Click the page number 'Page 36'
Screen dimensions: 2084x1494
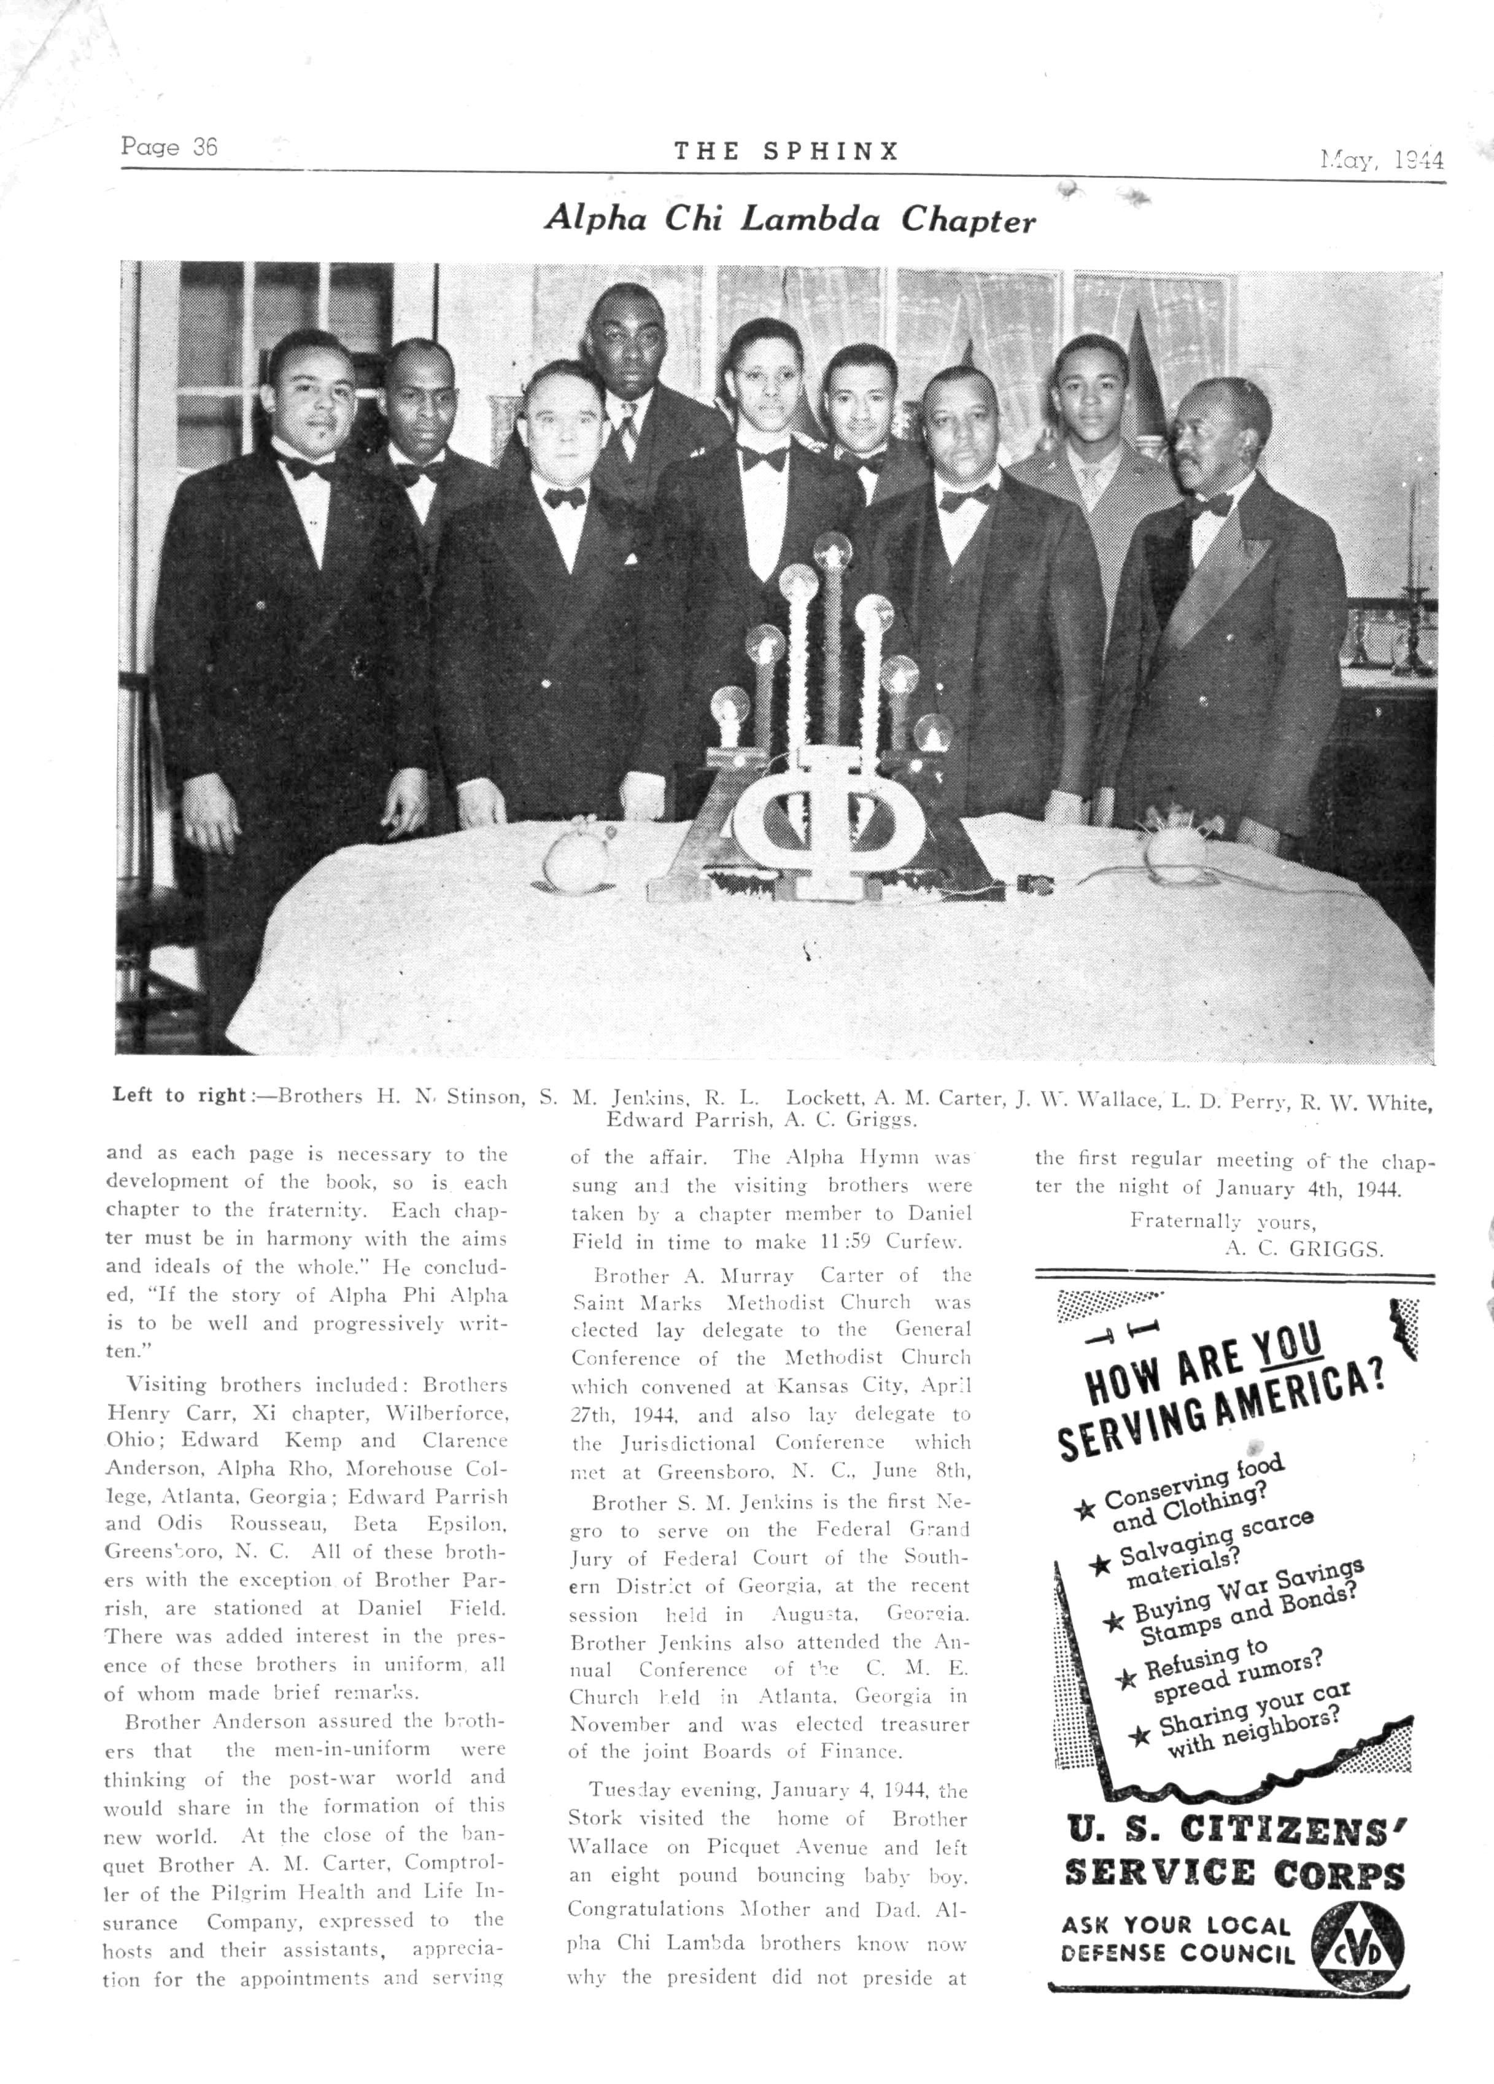coord(169,147)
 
